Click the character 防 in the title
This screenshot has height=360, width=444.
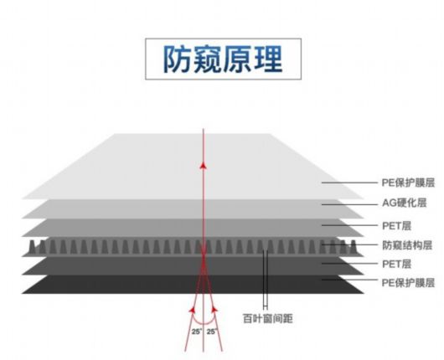[178, 59]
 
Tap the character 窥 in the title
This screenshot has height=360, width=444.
[208, 59]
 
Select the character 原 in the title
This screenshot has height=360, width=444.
[238, 59]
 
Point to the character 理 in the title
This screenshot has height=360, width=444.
[268, 59]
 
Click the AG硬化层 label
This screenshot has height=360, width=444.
[405, 203]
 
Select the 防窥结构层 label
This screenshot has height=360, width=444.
[407, 245]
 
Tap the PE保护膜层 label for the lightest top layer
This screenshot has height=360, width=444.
[408, 183]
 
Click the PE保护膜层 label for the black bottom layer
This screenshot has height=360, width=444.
[408, 282]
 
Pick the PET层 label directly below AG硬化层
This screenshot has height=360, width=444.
[396, 226]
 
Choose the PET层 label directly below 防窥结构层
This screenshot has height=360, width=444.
[396, 264]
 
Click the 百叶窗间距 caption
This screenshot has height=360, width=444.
[267, 318]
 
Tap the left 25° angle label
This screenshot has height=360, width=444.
[197, 332]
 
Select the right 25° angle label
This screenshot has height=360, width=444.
[212, 332]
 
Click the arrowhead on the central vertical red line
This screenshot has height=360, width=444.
[203, 165]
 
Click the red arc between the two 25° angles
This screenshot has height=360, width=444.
[204, 323]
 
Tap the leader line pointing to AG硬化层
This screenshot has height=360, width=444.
[350, 204]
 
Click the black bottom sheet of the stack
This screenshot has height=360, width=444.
[193, 284]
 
